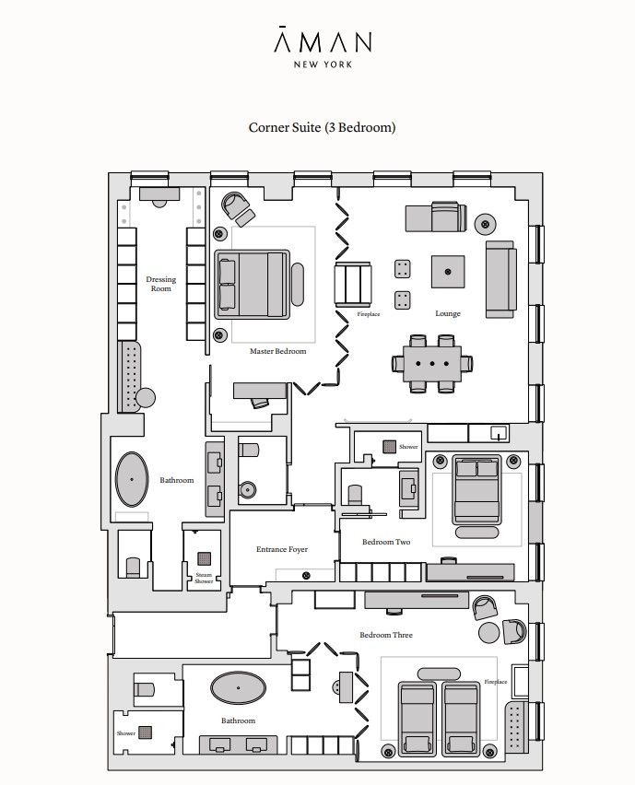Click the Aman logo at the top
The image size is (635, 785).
323,46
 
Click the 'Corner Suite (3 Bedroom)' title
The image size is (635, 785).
322,127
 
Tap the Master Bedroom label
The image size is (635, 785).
278,351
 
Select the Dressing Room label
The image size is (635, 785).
160,284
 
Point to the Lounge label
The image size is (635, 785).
448,314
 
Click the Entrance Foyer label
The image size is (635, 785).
282,549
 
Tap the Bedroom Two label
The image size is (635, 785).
386,542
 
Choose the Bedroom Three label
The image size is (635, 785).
386,635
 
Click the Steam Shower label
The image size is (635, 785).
204,579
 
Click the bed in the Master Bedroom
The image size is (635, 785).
253,285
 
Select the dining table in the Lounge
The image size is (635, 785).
432,364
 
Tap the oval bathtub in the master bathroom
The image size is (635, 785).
132,480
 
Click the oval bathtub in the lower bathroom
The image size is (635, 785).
238,688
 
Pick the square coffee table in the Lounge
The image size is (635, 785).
448,272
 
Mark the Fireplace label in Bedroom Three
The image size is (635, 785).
496,682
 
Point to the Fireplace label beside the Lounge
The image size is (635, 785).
369,314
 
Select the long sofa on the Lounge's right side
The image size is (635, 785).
500,279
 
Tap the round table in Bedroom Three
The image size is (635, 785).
489,633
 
